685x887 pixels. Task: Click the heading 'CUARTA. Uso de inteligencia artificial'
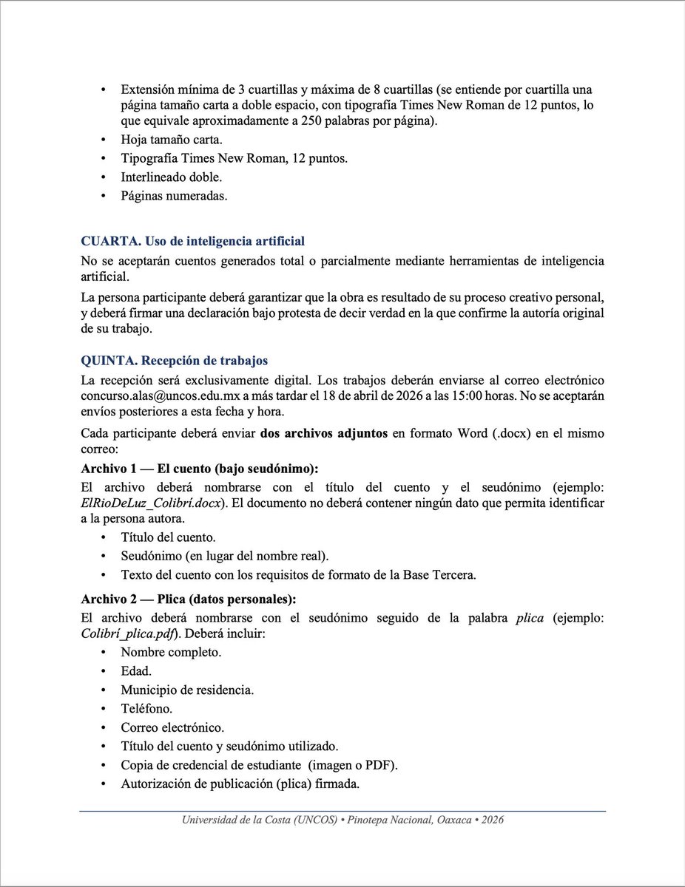click(x=192, y=242)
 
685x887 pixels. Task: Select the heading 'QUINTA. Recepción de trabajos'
click(x=174, y=361)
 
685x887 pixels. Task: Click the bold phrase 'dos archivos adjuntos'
click(x=323, y=434)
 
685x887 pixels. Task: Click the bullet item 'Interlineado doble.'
click(x=171, y=177)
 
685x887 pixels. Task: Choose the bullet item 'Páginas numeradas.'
click(x=174, y=197)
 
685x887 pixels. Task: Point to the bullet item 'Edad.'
click(x=136, y=671)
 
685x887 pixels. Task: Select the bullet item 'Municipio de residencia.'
click(x=187, y=690)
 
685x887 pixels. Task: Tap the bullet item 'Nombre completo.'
click(x=171, y=652)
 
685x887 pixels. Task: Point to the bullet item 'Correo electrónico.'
click(x=172, y=727)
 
